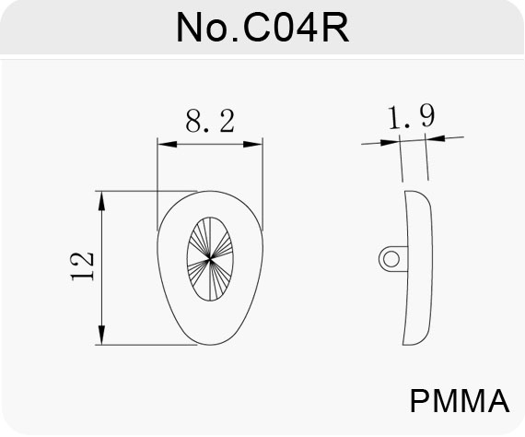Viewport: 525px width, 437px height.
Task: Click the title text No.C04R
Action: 262,28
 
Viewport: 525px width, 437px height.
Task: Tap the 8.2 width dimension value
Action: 210,121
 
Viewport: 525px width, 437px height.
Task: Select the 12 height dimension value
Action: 82,266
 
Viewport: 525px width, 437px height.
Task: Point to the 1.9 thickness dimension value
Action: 412,116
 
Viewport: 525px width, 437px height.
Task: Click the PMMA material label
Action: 460,401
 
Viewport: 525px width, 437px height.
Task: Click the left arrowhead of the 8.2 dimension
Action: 167,145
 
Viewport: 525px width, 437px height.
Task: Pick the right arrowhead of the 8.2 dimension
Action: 252,145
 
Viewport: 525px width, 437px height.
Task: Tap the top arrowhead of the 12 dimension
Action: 102,201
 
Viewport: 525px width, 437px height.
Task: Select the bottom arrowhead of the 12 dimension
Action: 102,335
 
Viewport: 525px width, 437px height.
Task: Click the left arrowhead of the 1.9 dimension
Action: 391,142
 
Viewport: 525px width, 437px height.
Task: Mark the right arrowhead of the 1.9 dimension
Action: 435,138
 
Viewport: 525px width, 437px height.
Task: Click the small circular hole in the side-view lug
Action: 391,259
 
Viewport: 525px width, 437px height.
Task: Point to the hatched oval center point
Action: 210,259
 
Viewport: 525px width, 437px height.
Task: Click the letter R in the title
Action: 336,28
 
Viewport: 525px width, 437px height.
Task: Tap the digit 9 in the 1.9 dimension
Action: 428,115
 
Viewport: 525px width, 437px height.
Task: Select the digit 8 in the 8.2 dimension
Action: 193,121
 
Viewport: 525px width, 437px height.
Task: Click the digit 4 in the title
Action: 306,28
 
